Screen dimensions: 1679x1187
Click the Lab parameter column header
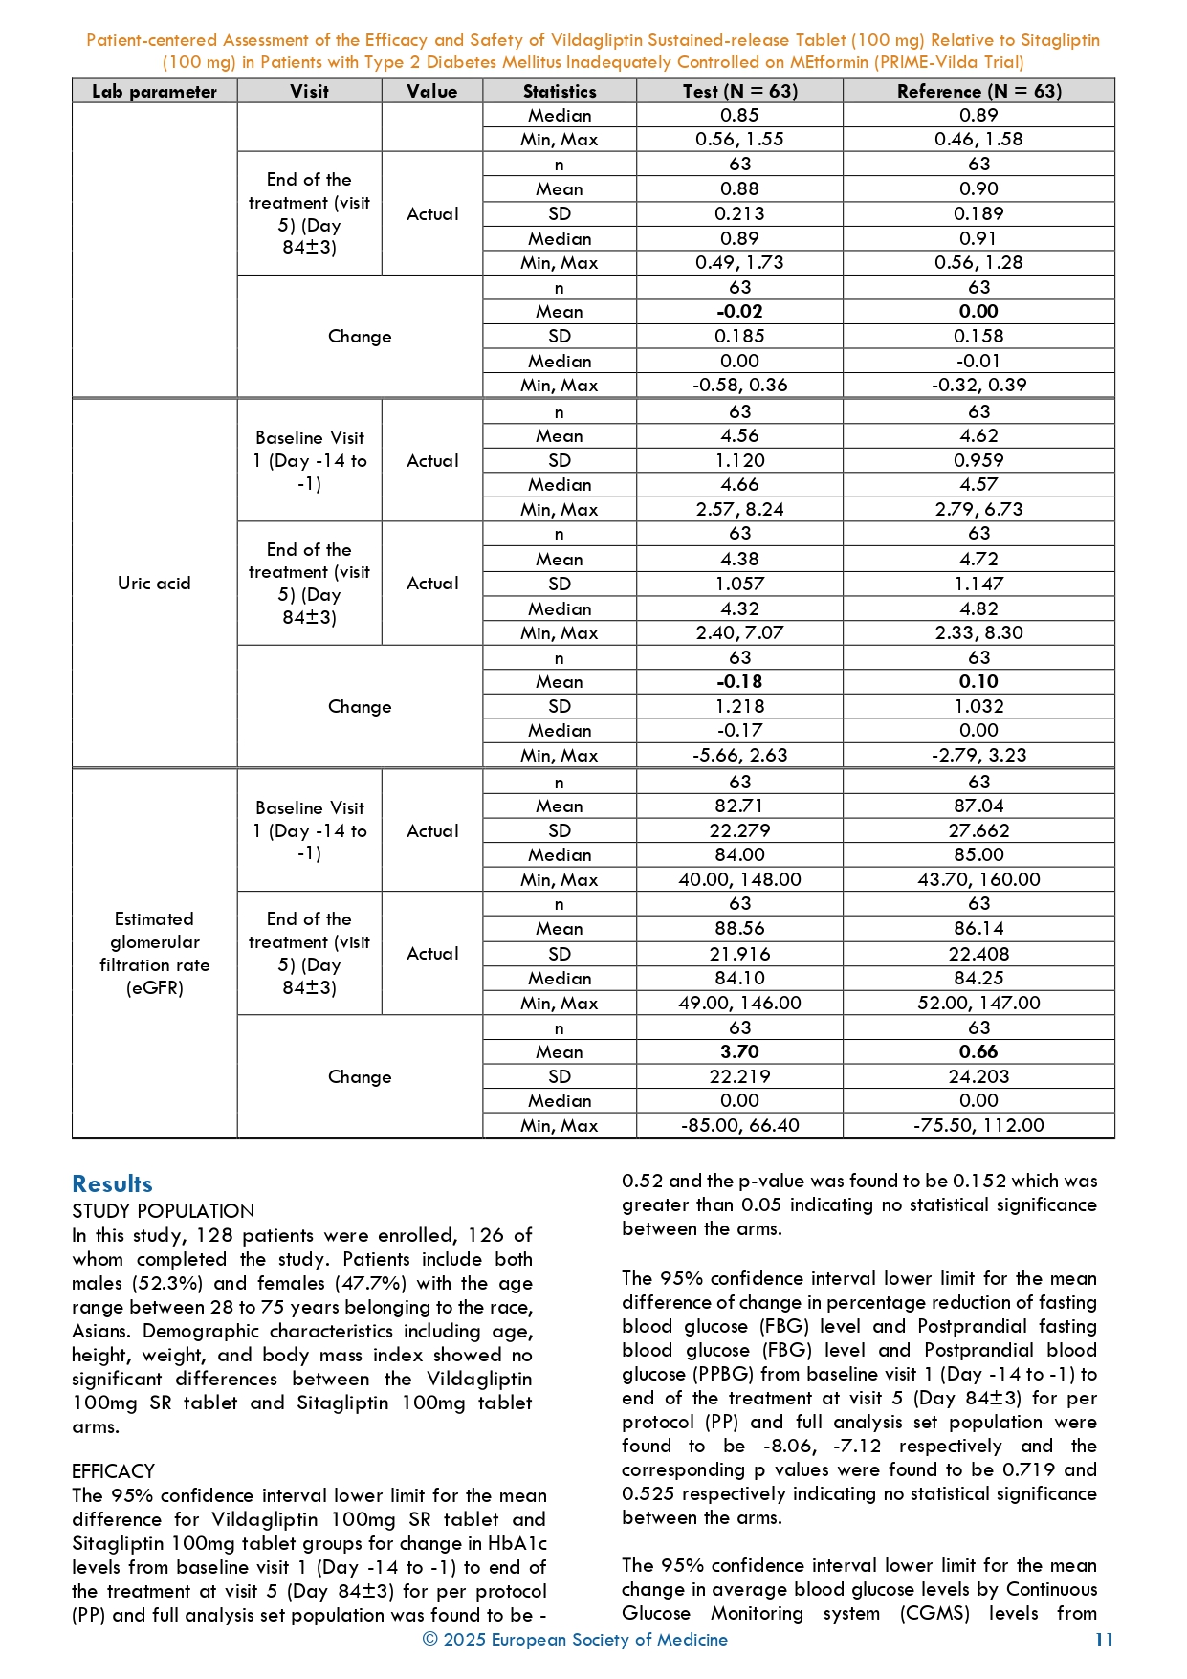pyautogui.click(x=154, y=92)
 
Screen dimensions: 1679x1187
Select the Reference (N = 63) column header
pyautogui.click(x=978, y=92)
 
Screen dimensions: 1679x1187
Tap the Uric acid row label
pyautogui.click(x=154, y=584)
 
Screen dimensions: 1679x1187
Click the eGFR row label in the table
pyautogui.click(x=154, y=954)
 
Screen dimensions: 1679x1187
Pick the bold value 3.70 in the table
pyautogui.click(x=739, y=1052)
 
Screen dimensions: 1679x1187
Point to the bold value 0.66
pyautogui.click(x=978, y=1052)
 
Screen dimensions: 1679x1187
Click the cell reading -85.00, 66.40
pyautogui.click(x=739, y=1126)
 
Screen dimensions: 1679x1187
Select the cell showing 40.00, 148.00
pyautogui.click(x=739, y=880)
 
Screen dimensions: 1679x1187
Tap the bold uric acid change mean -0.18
pyautogui.click(x=739, y=682)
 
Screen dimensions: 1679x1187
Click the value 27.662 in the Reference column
pyautogui.click(x=978, y=831)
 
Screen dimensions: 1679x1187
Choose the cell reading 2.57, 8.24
pyautogui.click(x=739, y=510)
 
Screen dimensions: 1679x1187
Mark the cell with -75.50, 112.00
pyautogui.click(x=978, y=1126)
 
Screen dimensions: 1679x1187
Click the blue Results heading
pyautogui.click(x=112, y=1184)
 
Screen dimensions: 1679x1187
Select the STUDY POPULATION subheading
pyautogui.click(x=163, y=1211)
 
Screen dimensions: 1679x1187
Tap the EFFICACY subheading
pyautogui.click(x=113, y=1471)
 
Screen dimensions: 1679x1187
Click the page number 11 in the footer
pyautogui.click(x=1104, y=1640)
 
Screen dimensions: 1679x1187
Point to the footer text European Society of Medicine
pyautogui.click(x=608, y=1640)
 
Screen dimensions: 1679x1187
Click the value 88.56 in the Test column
pyautogui.click(x=739, y=929)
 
